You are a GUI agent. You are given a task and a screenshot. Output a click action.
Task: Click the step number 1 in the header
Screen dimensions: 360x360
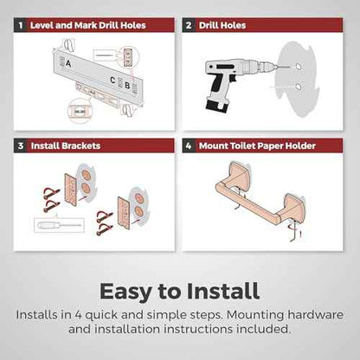(21, 25)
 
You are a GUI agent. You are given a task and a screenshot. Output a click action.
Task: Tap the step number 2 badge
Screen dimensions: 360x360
(189, 25)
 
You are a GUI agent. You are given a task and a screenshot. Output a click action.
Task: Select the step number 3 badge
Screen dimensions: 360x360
(21, 145)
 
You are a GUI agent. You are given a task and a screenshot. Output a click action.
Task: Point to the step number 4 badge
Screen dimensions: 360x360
(189, 145)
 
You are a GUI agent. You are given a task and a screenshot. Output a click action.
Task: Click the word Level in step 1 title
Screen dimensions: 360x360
(42, 25)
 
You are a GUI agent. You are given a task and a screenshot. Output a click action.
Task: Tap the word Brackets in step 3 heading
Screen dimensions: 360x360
(82, 145)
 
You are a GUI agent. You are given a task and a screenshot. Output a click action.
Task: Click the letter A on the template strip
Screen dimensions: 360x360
(68, 63)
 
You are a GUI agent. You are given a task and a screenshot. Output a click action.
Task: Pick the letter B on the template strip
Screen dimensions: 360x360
(127, 86)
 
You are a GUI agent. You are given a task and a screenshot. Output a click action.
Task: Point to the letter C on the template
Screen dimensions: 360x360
(112, 80)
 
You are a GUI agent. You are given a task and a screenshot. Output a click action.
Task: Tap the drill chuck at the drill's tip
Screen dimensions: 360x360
(263, 67)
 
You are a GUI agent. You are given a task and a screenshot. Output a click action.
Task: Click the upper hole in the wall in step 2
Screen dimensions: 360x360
(299, 67)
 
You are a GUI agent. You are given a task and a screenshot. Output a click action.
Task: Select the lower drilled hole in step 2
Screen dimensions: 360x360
(299, 86)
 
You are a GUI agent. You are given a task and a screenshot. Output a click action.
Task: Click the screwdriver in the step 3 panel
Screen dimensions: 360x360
(59, 225)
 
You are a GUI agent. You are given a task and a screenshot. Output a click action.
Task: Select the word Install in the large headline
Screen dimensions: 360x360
(223, 291)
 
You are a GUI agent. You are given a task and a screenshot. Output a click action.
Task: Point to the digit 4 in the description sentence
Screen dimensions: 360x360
(78, 315)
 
